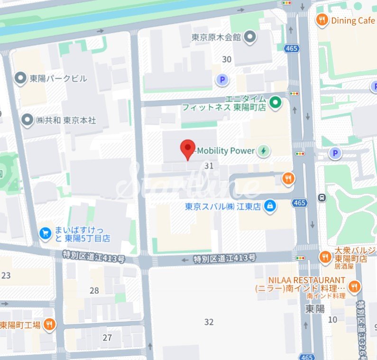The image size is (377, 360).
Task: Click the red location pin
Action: pos(188,149)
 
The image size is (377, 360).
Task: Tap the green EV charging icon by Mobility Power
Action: pos(264,151)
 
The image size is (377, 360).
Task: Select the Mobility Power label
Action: pos(226,151)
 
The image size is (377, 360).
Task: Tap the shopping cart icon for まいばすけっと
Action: pos(46,233)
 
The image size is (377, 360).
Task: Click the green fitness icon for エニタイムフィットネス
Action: pos(275,102)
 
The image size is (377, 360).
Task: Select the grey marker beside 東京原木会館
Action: pos(250,37)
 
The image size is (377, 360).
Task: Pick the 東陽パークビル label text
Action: pos(58,78)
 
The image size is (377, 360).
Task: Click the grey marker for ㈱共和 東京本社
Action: pos(28,120)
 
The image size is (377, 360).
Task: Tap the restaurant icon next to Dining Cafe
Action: pos(322,20)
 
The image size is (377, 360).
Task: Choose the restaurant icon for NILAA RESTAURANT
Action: pos(354,286)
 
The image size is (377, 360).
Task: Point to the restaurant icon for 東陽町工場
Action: pos(49,325)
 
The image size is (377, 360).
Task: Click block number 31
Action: pos(209,166)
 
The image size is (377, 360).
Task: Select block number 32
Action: pos(209,322)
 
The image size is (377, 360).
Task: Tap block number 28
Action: pos(94,290)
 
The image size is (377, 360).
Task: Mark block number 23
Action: pos(6,276)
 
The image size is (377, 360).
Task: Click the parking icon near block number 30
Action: pos(221,80)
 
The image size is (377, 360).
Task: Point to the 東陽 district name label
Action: pos(314,309)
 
